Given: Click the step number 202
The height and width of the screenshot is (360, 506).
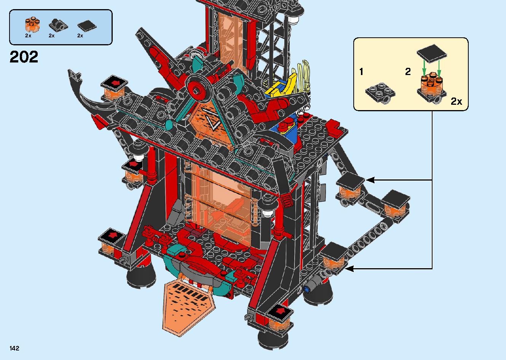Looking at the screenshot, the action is point(24,57).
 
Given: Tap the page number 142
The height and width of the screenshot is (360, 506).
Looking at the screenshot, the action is point(14,348).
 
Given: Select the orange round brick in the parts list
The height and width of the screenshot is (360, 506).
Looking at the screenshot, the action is point(32,24).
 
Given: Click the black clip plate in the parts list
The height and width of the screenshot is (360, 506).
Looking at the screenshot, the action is point(58,25).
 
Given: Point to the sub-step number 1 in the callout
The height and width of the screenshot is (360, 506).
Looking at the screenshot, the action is point(361,72).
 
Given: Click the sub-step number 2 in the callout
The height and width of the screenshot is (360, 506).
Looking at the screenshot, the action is point(408,72).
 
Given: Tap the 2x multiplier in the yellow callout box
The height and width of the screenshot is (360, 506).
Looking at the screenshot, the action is point(456,101).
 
